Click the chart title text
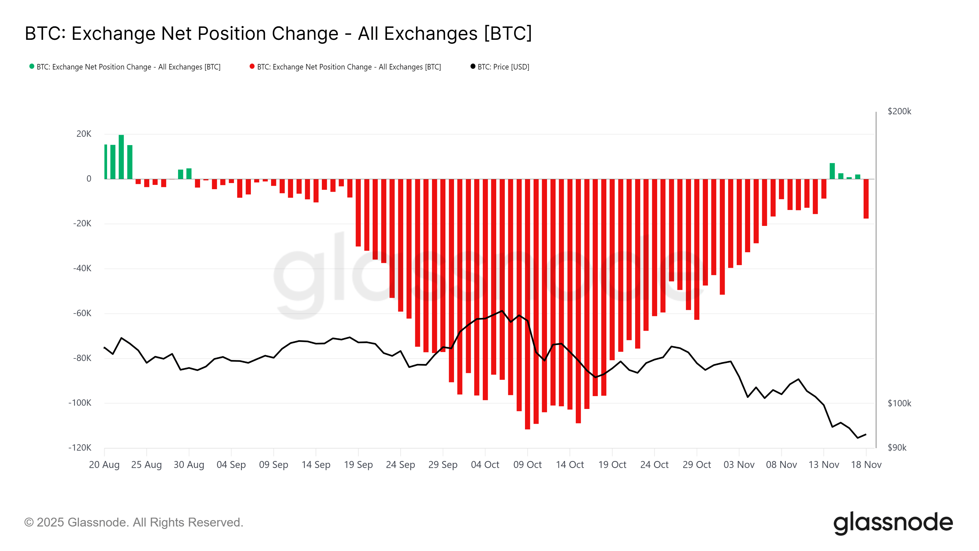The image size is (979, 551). [278, 33]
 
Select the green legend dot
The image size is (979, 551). [32, 66]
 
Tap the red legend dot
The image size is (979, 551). [252, 66]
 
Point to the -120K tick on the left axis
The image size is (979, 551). [80, 448]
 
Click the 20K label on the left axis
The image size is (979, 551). [84, 134]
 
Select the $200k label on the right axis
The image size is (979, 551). [899, 111]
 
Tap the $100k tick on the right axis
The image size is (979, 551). [899, 403]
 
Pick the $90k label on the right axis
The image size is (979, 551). [897, 448]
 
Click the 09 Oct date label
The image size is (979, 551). [527, 465]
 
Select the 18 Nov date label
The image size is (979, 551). [866, 465]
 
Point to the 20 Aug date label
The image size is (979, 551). [104, 465]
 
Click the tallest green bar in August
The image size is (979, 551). [121, 157]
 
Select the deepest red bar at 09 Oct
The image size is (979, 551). [527, 304]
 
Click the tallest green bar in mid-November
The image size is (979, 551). [832, 171]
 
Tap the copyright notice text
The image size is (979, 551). [134, 523]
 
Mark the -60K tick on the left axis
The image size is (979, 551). [82, 313]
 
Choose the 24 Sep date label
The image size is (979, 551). [400, 465]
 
